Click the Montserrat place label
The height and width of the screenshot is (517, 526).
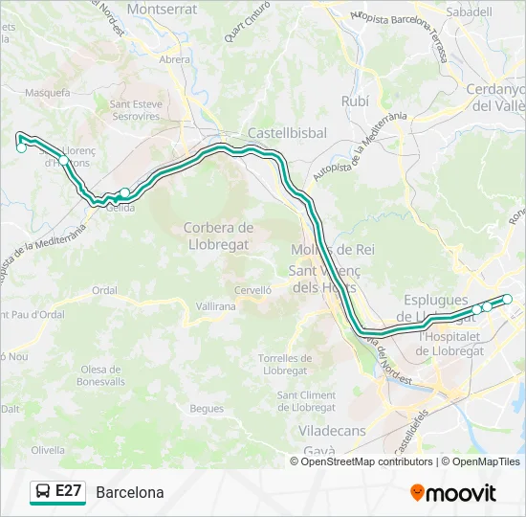pos(162,9)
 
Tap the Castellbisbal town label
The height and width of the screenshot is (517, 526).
pos(287,133)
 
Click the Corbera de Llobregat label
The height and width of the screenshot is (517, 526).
pos(217,236)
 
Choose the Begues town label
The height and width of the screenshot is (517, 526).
pos(207,408)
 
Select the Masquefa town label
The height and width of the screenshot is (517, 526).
pos(49,93)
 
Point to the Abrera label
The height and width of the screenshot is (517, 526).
pos(175,58)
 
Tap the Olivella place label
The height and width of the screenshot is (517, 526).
pos(48,449)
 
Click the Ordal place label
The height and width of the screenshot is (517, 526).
pos(105,290)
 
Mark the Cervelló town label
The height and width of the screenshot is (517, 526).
pos(253,289)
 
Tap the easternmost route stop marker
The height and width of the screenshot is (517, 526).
pos(508,300)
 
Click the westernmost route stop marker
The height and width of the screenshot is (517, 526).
pos(21,147)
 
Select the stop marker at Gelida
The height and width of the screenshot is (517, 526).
pos(124,192)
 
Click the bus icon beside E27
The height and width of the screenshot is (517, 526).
pos(43,492)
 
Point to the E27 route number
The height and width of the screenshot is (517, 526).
pos(68,492)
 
